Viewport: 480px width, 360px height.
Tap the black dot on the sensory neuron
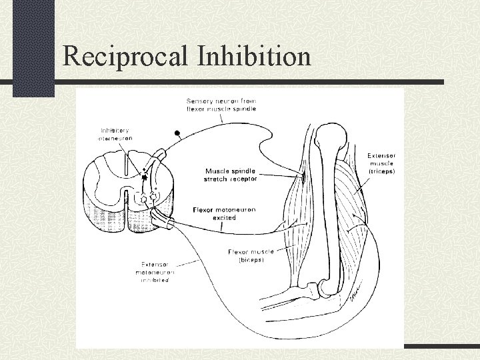point(177,132)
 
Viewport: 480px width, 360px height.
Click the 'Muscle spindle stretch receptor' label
point(231,175)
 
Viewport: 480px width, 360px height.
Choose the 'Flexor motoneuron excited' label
point(224,213)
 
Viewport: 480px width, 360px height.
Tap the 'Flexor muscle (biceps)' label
point(246,256)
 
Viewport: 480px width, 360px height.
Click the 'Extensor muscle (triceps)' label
point(381,163)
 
